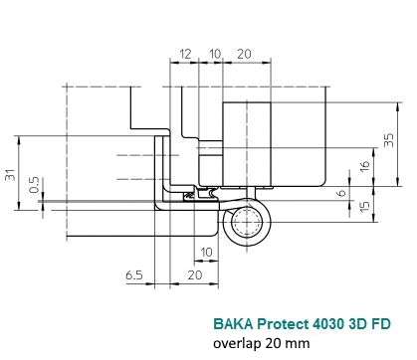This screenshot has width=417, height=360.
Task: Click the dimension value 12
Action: [x=185, y=54]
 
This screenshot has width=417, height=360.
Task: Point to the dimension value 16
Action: [x=364, y=166]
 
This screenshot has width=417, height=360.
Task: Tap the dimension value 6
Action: [x=342, y=193]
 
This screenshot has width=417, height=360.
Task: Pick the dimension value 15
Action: [x=364, y=206]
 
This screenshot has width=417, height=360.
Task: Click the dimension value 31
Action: [x=10, y=175]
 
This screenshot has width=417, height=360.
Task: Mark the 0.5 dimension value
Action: [x=34, y=185]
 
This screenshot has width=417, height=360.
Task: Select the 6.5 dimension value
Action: [x=134, y=275]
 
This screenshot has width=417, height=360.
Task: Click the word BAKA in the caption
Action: [x=234, y=323]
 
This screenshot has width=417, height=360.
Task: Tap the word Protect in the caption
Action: [x=283, y=323]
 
